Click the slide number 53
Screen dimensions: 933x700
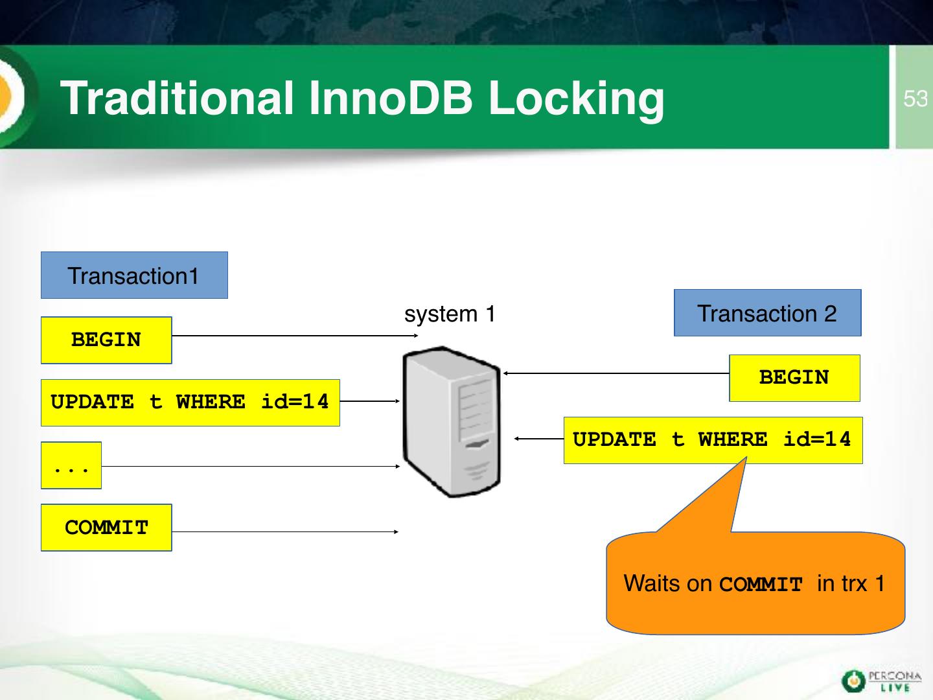(x=915, y=99)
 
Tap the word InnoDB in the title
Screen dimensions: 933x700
(x=391, y=98)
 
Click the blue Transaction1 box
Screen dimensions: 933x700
(x=134, y=275)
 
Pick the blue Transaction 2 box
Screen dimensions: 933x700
(x=768, y=313)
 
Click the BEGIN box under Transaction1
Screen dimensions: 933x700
(x=106, y=340)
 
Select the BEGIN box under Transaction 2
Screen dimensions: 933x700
(x=794, y=378)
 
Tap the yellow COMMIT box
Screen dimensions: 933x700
(x=106, y=528)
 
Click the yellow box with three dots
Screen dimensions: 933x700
(x=71, y=465)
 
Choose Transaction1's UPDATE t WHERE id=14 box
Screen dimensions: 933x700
(x=190, y=402)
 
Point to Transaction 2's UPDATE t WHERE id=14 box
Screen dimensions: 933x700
(x=713, y=440)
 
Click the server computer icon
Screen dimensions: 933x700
(x=451, y=421)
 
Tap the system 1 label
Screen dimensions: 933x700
(x=450, y=314)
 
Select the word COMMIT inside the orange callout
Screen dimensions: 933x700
(x=761, y=585)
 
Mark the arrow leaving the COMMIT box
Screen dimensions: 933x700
(x=285, y=531)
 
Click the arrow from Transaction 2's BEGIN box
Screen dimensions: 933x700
(x=616, y=373)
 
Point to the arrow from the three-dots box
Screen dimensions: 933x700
(x=251, y=466)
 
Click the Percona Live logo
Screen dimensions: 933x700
(x=882, y=681)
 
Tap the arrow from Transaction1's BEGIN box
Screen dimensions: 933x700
(x=295, y=336)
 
